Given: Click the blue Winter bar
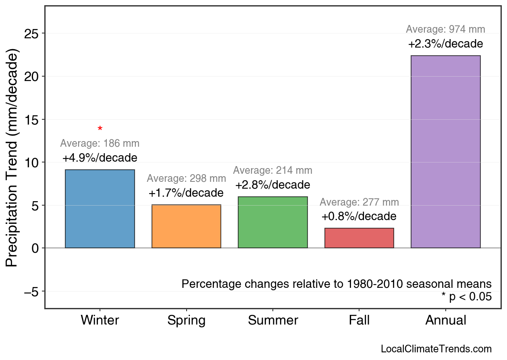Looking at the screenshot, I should [100, 209].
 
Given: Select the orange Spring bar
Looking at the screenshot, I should [186, 226].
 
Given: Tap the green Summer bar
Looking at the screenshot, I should [273, 222].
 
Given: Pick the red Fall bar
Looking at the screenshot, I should [359, 238].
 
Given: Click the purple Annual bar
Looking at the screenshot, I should [445, 152].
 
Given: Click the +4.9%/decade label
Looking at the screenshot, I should [100, 158].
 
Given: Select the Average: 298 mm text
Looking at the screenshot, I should [186, 179].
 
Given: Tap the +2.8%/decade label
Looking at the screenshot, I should [273, 185].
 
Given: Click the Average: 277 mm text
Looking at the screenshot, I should [359, 202].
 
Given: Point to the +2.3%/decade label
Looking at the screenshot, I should [445, 44].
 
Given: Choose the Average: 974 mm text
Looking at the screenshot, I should [445, 29].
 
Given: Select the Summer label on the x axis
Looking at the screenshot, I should [273, 320].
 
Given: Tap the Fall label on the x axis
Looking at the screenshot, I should [359, 320].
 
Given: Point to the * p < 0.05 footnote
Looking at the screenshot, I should [466, 297].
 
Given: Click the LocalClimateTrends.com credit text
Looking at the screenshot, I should [436, 349].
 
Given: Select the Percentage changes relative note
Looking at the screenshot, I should [337, 284].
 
